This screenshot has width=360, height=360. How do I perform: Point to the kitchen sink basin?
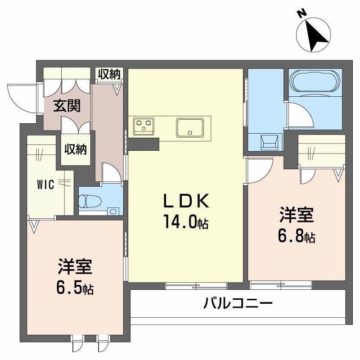point(190,127)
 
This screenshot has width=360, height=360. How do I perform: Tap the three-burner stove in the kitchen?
point(144,126)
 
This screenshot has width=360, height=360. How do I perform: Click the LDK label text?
point(186,201)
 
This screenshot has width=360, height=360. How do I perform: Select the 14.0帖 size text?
point(186,222)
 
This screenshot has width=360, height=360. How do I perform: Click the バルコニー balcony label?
point(238,303)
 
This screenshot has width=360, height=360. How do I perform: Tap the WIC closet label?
point(46,184)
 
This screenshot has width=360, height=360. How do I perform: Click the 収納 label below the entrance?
point(75,149)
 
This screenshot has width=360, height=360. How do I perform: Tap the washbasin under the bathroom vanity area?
point(269,142)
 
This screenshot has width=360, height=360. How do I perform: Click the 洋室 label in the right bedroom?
point(297,215)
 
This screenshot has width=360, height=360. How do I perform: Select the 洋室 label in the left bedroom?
point(75,266)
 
